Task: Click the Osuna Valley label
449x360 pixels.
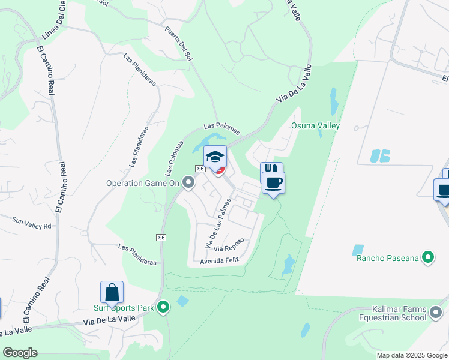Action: coord(315,126)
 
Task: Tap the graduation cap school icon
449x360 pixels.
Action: coord(215,157)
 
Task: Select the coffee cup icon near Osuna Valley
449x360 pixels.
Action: coord(274,182)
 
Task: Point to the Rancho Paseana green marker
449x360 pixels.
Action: coord(428,258)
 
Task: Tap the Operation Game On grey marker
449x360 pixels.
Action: coord(189,183)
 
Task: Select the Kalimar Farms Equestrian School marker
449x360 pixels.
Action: coord(436,312)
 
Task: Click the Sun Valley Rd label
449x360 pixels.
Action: coord(32,222)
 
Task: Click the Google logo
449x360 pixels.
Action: coord(20,353)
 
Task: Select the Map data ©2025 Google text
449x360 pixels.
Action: coord(412,355)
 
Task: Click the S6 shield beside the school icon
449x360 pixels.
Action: coord(200,169)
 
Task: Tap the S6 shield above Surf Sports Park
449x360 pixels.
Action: coord(161,238)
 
